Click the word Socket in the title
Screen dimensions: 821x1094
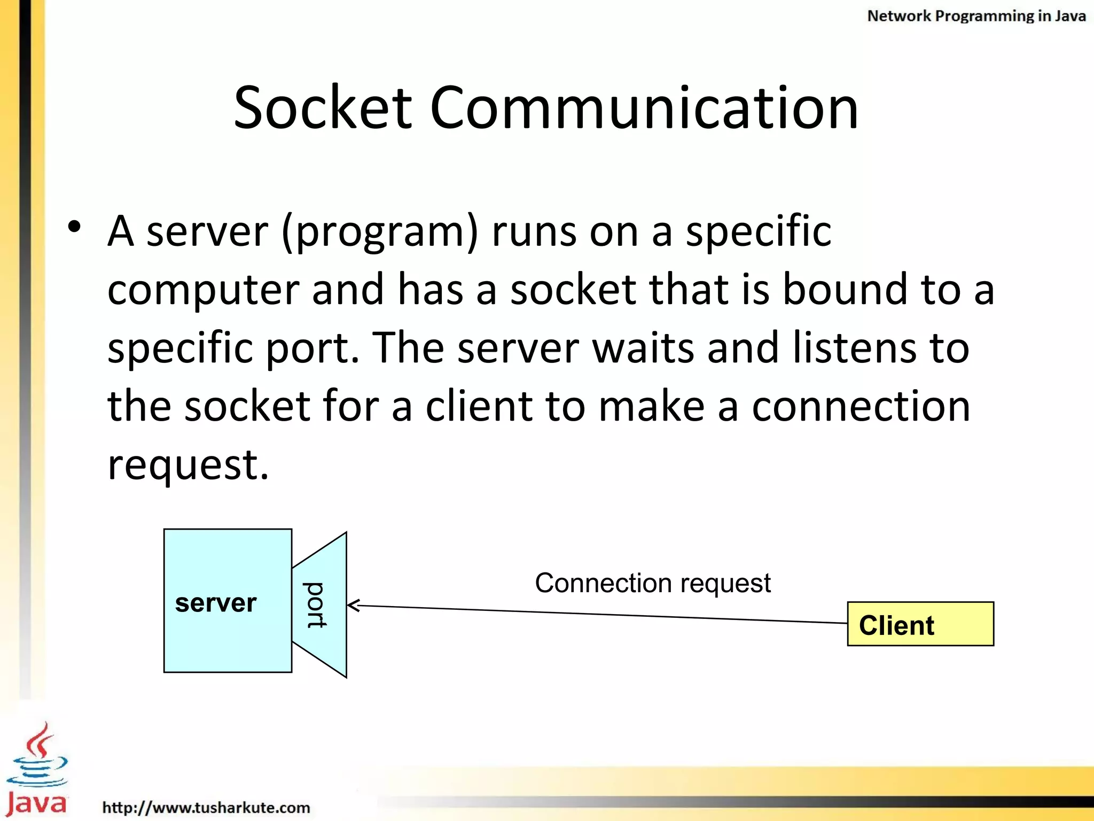[x=323, y=108]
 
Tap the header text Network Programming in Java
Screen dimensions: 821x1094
[x=976, y=16]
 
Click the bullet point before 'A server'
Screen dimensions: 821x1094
[x=75, y=227]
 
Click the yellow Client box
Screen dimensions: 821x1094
[x=920, y=624]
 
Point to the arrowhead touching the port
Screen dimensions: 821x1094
[x=353, y=605]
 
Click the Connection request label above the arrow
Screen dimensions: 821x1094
[x=653, y=583]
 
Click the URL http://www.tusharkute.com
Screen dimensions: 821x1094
[x=206, y=807]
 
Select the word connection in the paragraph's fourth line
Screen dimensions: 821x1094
[x=861, y=406]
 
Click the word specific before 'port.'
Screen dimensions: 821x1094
[x=180, y=348]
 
